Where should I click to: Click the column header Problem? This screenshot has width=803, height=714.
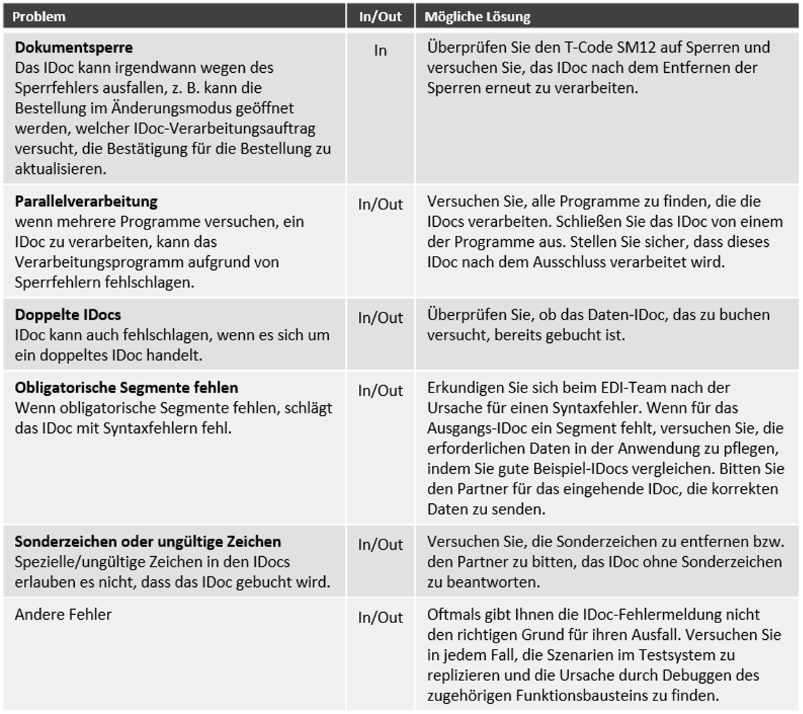(x=39, y=17)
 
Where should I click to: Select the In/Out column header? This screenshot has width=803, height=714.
(x=380, y=17)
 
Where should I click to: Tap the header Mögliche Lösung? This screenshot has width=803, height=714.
(x=477, y=17)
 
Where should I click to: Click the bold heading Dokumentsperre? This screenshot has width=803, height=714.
(x=73, y=47)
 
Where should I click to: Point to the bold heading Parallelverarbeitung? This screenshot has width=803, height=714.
(x=86, y=201)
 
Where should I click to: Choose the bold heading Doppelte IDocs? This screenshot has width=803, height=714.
(x=68, y=314)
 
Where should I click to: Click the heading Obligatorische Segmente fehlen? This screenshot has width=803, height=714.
(x=126, y=387)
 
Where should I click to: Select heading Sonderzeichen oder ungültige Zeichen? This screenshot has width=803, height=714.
(x=148, y=541)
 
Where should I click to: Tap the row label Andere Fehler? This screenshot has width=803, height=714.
(x=63, y=614)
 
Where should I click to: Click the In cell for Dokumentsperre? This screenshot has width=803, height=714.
(x=380, y=50)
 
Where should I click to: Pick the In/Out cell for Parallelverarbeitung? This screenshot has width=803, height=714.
(x=380, y=204)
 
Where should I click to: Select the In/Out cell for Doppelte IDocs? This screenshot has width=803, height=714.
(x=380, y=318)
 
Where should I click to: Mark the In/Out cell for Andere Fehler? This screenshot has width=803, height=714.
(x=380, y=617)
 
